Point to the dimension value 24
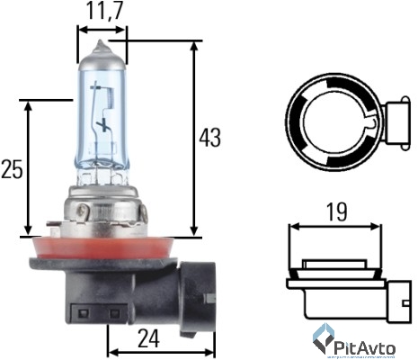(x=150, y=339)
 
